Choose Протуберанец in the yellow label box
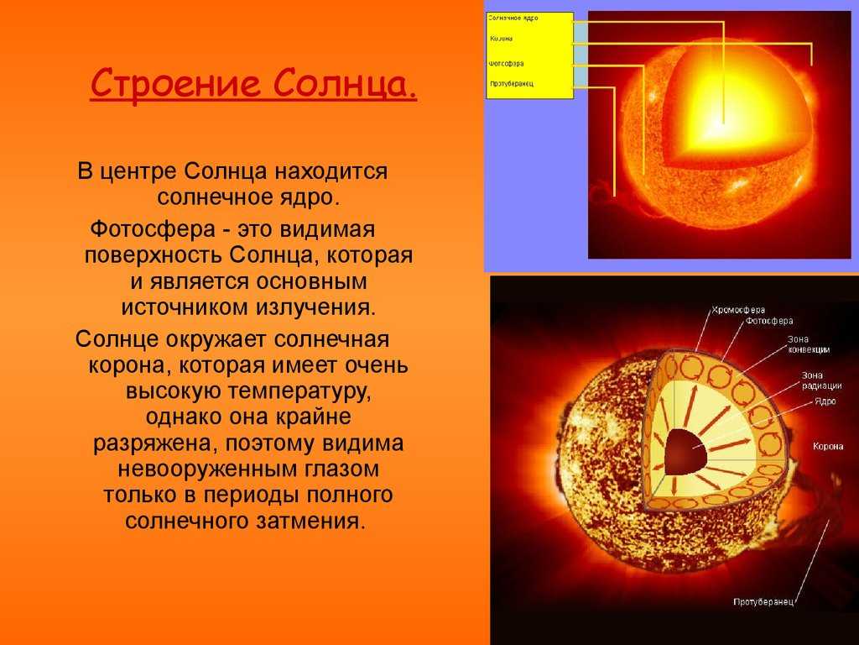[512, 84]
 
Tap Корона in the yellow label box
[501, 39]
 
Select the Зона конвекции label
[809, 343]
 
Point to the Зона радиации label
[820, 380]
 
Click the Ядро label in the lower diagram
[824, 402]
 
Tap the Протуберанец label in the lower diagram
[763, 601]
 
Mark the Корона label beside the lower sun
[827, 447]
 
